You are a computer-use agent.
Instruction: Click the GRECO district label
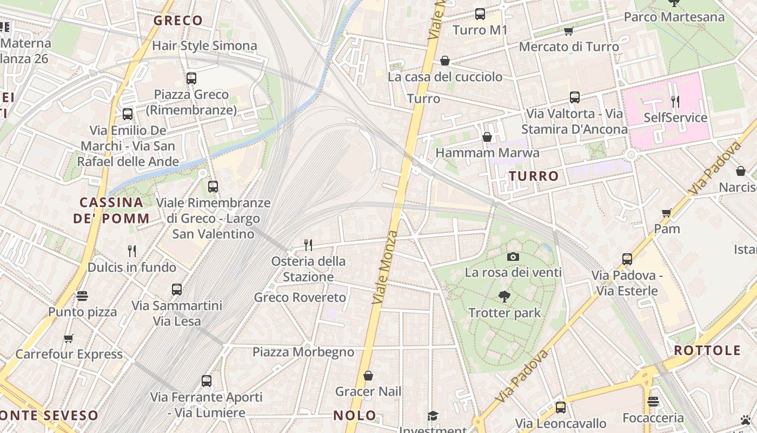[178, 21]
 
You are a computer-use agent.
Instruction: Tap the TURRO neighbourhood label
[534, 176]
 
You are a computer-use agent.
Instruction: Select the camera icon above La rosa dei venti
[513, 257]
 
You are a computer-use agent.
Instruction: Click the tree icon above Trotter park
[504, 297]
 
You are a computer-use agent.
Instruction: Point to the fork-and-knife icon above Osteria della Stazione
[308, 245]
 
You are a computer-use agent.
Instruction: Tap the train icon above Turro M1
[480, 14]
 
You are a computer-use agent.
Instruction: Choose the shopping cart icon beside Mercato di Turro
[568, 31]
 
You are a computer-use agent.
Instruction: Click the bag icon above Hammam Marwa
[487, 137]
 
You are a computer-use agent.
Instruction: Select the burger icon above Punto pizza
[82, 296]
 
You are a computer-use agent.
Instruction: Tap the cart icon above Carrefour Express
[69, 339]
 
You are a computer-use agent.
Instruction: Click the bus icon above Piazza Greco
[191, 78]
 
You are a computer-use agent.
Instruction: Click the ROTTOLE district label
[707, 350]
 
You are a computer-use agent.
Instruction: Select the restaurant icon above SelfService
[675, 101]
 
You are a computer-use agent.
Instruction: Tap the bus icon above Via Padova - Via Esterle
[627, 259]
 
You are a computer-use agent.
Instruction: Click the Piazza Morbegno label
[303, 352]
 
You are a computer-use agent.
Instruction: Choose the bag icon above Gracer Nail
[368, 376]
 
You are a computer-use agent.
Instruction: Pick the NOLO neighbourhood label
[355, 416]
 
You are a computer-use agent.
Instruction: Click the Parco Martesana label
[674, 17]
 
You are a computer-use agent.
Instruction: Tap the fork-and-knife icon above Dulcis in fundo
[132, 251]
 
